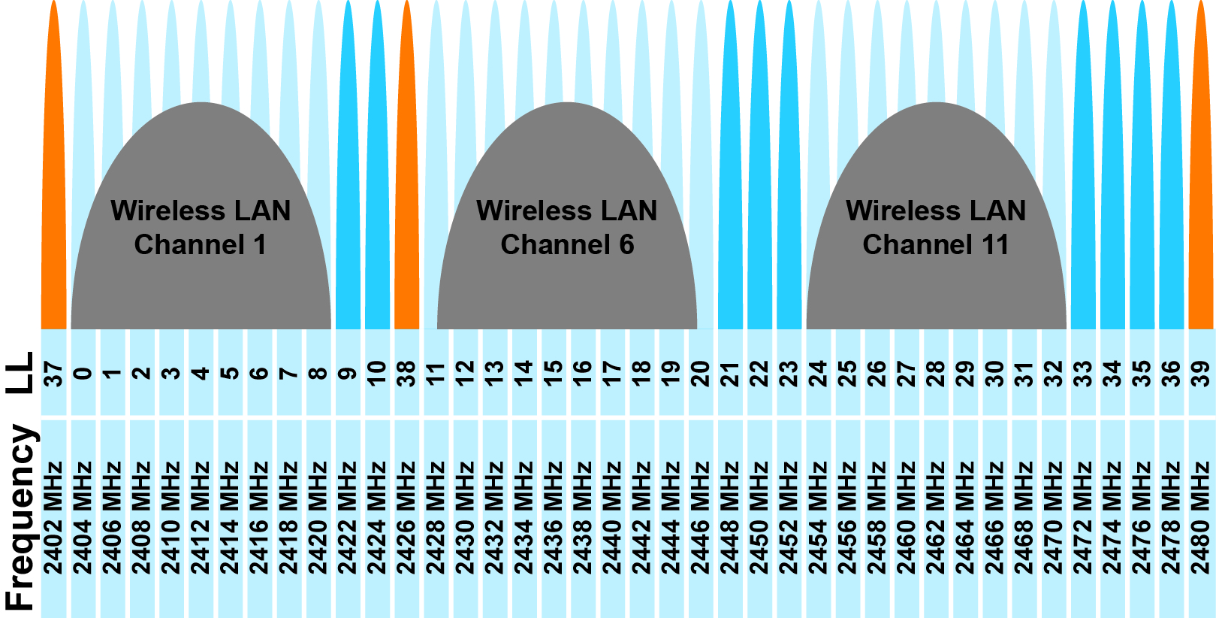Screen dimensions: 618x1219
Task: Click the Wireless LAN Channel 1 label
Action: coord(201,227)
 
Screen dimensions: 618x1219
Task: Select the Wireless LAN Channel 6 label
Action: coord(567,227)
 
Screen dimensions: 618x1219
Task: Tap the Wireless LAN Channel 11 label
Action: coord(936,227)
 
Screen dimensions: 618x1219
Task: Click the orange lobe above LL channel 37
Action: coord(53,188)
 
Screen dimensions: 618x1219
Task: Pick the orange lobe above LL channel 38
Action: coord(406,188)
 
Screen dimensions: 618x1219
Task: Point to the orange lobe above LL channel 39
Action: coord(1201,188)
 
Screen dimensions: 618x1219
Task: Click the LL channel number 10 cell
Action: coord(377,373)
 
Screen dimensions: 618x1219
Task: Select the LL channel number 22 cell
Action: coord(759,373)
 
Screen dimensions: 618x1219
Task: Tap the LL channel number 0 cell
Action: coord(83,373)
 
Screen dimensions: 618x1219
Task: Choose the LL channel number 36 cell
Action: coord(1172,373)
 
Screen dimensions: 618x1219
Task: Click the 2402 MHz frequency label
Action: coord(53,519)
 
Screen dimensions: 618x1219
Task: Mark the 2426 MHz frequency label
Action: coord(406,519)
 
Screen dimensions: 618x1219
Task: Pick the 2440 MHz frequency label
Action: coord(612,519)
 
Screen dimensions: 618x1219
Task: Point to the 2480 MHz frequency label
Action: coord(1201,519)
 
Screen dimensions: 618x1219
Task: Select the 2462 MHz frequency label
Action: coord(936,519)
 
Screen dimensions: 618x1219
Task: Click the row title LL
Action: coord(20,373)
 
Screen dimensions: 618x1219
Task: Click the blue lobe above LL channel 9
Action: coord(348,188)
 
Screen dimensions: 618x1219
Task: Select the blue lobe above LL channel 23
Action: coord(789,188)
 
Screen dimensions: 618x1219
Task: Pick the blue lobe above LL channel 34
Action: coord(1112,188)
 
